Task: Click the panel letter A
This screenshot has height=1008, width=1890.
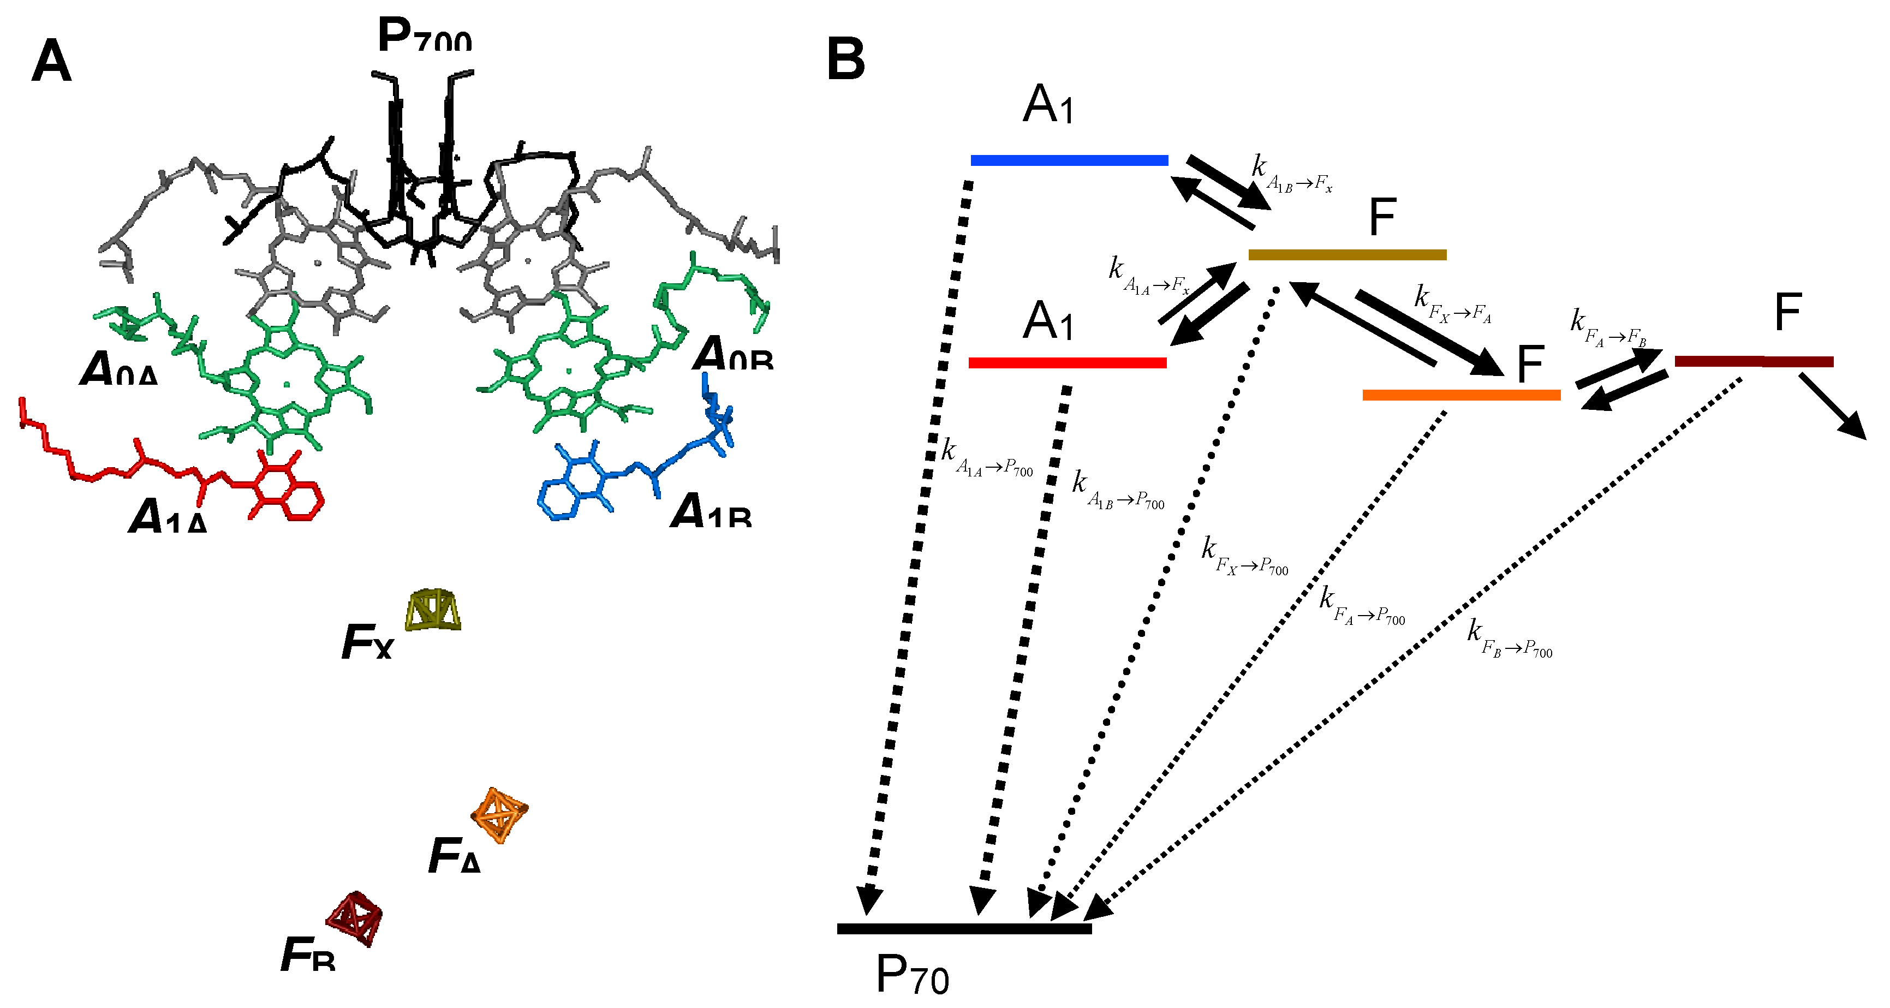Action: point(51,62)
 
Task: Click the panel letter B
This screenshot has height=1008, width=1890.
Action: point(845,60)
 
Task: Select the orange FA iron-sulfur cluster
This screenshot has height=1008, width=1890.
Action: point(499,814)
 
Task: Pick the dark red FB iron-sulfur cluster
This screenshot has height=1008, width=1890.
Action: point(355,918)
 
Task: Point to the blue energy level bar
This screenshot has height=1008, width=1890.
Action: point(1069,160)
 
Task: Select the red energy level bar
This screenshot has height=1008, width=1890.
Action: point(1068,362)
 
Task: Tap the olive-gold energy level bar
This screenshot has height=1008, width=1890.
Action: point(1347,254)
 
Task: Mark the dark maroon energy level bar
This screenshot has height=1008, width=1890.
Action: point(1754,361)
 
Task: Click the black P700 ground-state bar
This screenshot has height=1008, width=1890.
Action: point(964,929)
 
